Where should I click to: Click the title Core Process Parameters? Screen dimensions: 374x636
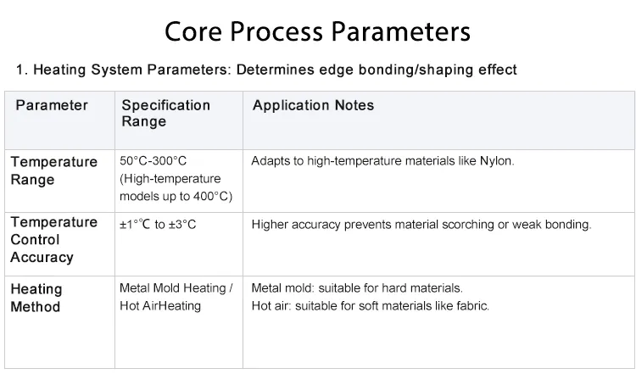tap(317, 32)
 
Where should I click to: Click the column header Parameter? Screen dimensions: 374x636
tap(52, 105)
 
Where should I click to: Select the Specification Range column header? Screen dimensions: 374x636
tap(165, 113)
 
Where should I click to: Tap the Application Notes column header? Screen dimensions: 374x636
tap(313, 105)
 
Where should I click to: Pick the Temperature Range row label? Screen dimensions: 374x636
tap(53, 170)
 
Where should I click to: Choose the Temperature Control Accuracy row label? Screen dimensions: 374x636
tap(53, 239)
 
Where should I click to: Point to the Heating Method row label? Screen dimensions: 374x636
tap(36, 298)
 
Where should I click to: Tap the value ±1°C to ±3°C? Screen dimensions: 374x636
tap(158, 225)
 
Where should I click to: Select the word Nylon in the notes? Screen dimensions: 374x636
tap(497, 160)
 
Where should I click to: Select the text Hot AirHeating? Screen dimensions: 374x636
tap(160, 305)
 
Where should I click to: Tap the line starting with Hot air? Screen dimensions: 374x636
tap(371, 305)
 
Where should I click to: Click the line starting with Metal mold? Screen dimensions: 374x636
tap(357, 288)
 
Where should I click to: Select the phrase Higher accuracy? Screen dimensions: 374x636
tap(293, 225)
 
